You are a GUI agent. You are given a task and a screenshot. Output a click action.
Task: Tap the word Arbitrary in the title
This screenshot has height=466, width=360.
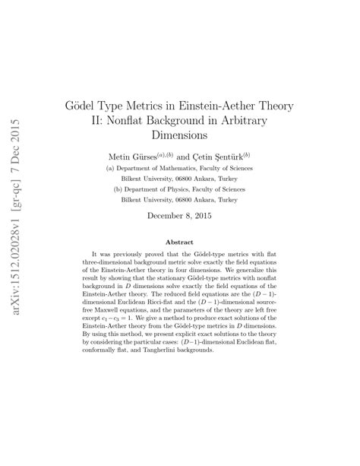coord(265,120)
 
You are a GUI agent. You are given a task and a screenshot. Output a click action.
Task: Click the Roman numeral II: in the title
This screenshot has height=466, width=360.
coord(111,120)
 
